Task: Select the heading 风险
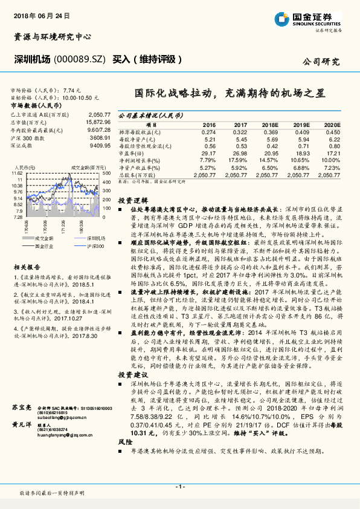click(124, 459)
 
